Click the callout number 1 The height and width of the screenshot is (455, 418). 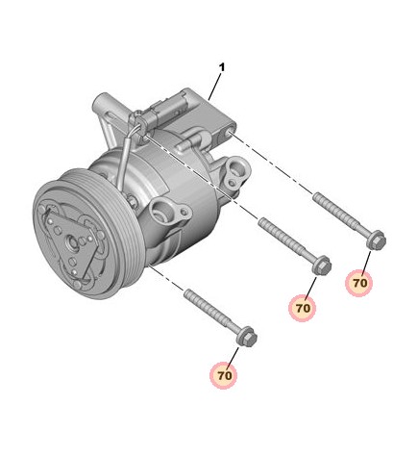(222, 67)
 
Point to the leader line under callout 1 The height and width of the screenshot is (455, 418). (214, 87)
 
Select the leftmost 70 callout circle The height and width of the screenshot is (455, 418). (224, 375)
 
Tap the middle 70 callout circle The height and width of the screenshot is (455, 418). (303, 308)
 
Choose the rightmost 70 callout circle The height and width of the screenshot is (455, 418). (359, 283)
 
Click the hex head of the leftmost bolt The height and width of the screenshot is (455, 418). (247, 337)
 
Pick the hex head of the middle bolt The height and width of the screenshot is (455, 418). (322, 265)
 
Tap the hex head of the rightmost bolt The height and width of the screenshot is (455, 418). (377, 240)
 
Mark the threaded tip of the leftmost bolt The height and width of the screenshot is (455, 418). (187, 291)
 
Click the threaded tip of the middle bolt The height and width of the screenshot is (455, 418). (262, 220)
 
